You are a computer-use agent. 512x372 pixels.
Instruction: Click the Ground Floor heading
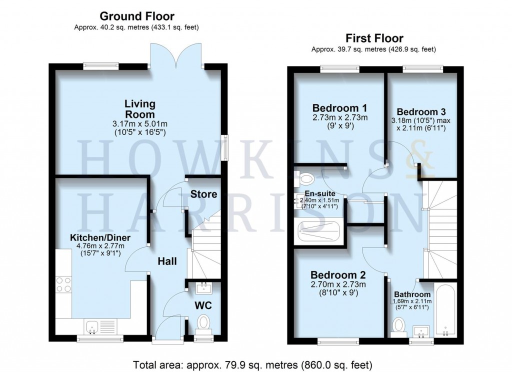tap(137, 16)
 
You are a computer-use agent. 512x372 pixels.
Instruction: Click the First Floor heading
tap(373, 38)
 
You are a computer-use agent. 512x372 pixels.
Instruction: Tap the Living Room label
tap(140, 108)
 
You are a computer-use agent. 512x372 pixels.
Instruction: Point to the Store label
tap(204, 194)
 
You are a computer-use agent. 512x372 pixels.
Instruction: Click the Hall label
tap(168, 260)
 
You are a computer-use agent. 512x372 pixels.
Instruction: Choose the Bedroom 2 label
tap(338, 275)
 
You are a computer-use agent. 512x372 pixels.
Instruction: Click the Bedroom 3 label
tap(421, 112)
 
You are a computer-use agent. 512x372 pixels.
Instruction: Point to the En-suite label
tap(319, 193)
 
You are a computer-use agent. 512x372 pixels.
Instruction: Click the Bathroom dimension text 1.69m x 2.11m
tap(411, 302)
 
